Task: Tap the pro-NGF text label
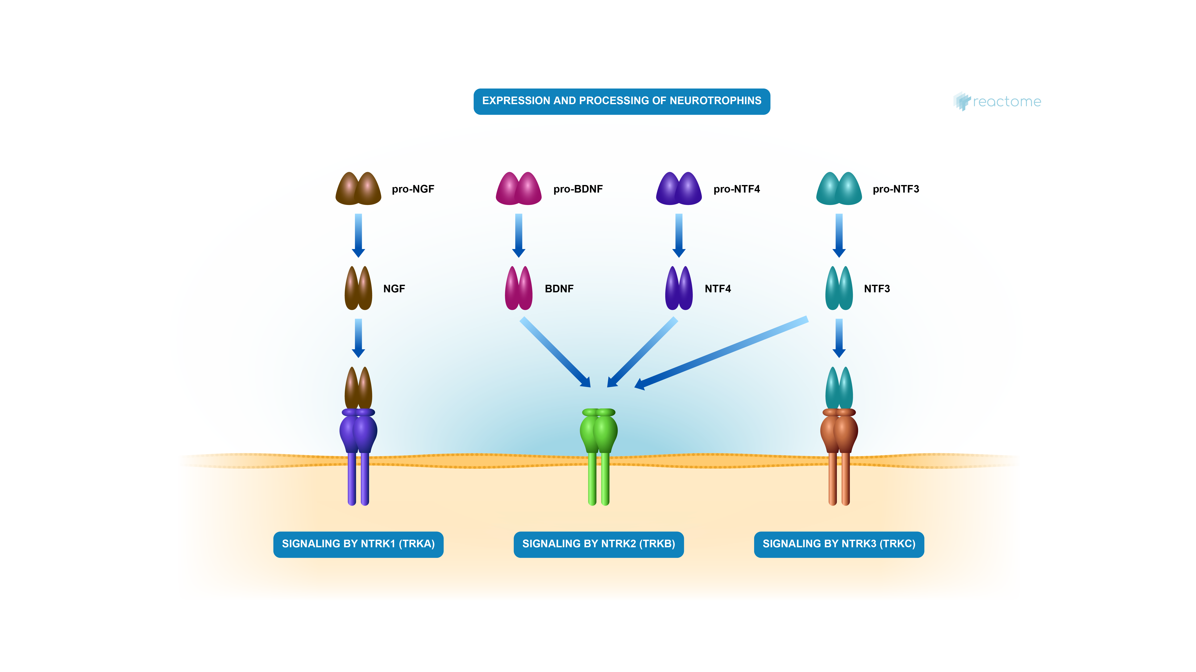pos(413,189)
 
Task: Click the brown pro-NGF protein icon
pos(358,189)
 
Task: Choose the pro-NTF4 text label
pos(736,189)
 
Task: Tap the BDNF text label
pos(559,289)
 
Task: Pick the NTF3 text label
pos(877,289)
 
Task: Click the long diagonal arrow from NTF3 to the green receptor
pos(722,353)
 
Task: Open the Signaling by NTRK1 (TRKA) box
pos(358,544)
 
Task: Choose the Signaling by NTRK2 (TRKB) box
pos(598,544)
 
